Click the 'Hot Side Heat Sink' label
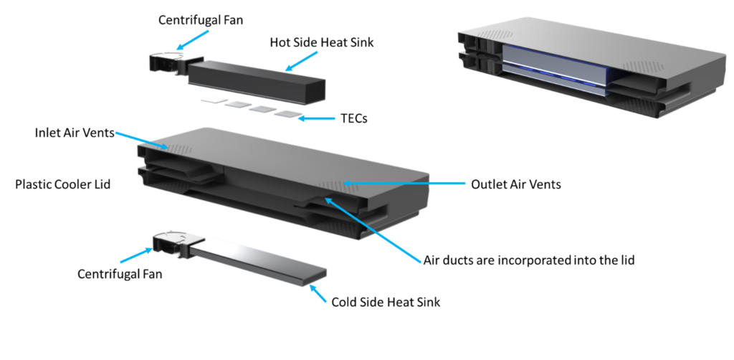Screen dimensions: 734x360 coord(322,42)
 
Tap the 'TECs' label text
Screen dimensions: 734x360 coord(354,118)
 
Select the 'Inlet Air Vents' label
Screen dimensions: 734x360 coord(75,133)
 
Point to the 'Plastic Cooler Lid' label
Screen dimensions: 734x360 coord(63,184)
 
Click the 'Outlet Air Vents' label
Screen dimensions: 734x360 coord(516,184)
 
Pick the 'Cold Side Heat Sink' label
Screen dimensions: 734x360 coord(386,302)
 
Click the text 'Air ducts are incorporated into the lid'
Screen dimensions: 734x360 coord(529,260)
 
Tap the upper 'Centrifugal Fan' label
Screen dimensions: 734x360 coord(201,20)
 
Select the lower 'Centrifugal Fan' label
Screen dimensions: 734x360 coord(120,273)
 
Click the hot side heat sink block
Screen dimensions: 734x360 coord(257,82)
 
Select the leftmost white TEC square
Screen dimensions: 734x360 coord(214,100)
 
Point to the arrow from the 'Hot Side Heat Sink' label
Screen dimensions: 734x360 coord(301,62)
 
